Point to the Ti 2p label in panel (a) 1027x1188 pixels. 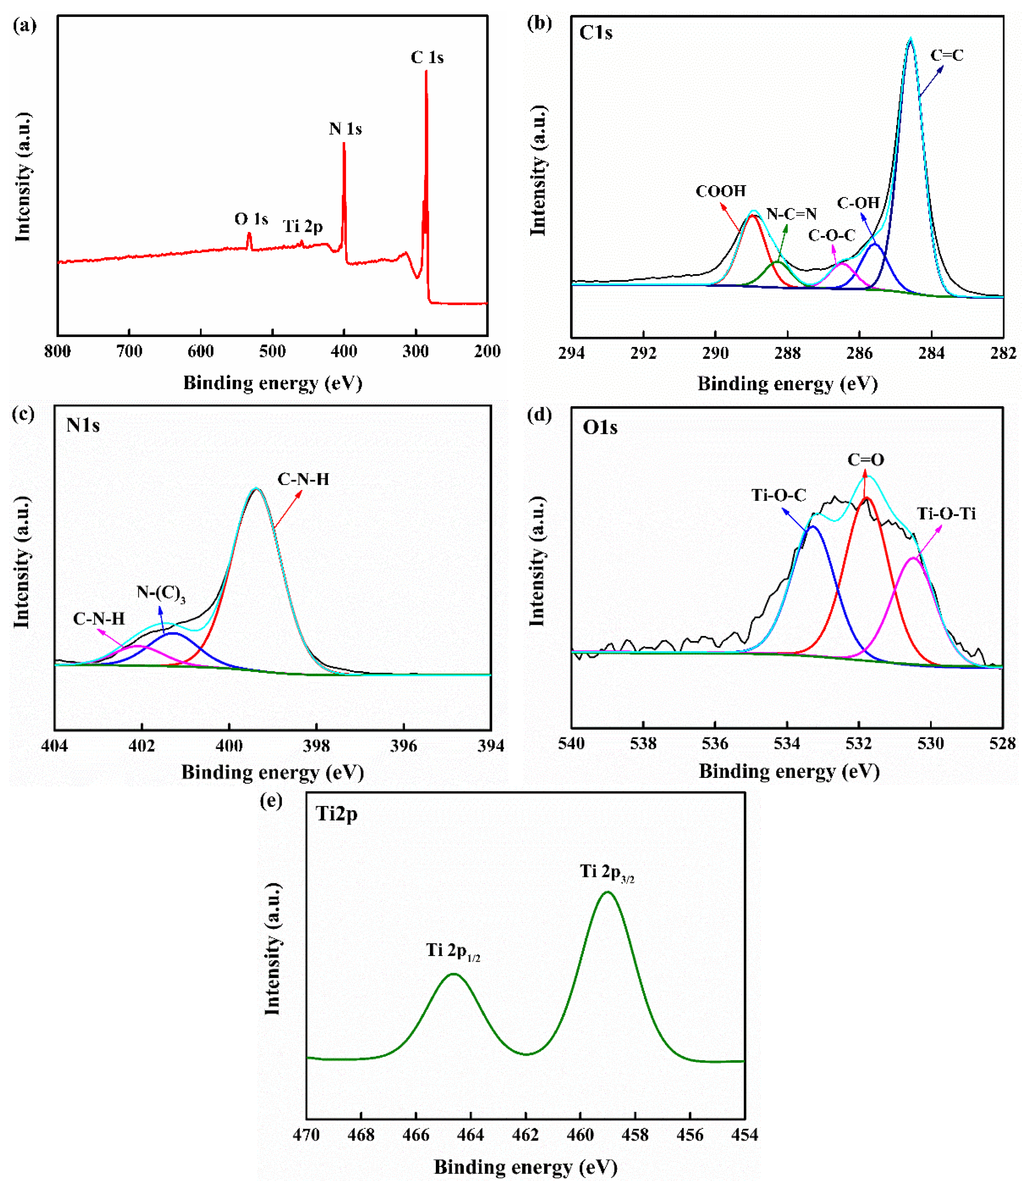(x=303, y=227)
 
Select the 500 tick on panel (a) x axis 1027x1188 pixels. (x=272, y=351)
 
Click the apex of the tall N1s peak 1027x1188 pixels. (x=256, y=489)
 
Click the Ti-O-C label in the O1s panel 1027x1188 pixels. (x=779, y=495)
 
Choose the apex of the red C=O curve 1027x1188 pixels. (x=866, y=498)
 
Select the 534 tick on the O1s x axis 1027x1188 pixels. (x=787, y=744)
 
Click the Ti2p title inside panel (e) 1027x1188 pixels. (x=337, y=814)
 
